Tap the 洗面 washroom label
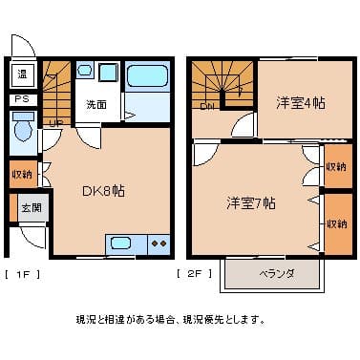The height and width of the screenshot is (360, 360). click(96, 103)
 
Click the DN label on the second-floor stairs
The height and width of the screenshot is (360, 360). click(207, 106)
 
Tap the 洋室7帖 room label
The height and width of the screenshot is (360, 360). click(252, 202)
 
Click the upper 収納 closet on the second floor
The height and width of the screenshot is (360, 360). click(336, 166)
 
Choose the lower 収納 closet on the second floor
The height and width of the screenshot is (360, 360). click(336, 223)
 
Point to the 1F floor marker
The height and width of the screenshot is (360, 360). click(23, 274)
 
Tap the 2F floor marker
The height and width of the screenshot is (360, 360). click(194, 274)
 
